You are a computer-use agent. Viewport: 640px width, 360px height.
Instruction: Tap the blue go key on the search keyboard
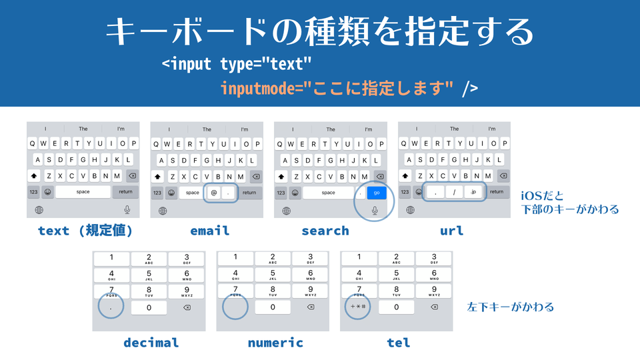click(x=377, y=192)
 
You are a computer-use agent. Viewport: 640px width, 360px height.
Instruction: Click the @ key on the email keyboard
click(x=214, y=192)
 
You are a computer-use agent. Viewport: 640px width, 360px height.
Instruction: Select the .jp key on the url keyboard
click(x=473, y=192)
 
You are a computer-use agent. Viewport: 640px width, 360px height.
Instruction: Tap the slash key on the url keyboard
click(x=454, y=192)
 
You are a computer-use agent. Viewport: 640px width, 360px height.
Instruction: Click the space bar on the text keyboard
click(x=83, y=192)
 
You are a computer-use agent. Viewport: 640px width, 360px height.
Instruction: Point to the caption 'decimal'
click(x=151, y=343)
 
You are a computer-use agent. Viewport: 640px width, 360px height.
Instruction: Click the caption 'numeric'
click(x=275, y=343)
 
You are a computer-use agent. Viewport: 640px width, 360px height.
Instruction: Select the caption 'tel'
click(x=399, y=343)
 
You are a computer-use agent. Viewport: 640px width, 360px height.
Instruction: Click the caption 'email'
click(x=209, y=231)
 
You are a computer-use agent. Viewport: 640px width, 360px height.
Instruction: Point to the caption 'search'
click(x=325, y=231)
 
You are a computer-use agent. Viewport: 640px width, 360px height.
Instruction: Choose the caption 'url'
click(x=451, y=231)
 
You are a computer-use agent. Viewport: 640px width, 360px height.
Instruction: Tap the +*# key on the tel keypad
click(x=359, y=307)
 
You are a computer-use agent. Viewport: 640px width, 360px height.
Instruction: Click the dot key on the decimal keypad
click(x=111, y=307)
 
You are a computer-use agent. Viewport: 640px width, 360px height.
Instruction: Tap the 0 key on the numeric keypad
click(x=273, y=307)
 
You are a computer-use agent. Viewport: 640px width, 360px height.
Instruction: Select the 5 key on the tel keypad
click(x=397, y=274)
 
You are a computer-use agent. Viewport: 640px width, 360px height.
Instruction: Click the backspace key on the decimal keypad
click(x=187, y=307)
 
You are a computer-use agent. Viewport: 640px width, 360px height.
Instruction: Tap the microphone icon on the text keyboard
click(x=127, y=210)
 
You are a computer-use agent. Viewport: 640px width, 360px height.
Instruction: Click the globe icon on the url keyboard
click(x=410, y=210)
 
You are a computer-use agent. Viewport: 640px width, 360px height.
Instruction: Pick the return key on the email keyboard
click(x=249, y=192)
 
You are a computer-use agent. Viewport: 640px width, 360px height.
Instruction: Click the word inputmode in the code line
click(x=258, y=88)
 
